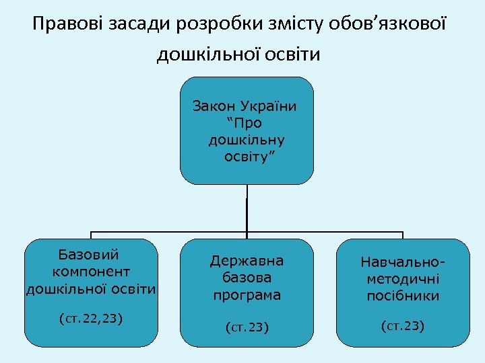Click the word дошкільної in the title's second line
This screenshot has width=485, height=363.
click(x=205, y=54)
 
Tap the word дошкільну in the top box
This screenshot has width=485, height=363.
click(x=246, y=140)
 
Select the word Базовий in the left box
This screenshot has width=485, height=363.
click(x=89, y=255)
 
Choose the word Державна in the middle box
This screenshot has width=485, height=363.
click(x=247, y=261)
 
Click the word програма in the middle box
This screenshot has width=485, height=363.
click(x=247, y=295)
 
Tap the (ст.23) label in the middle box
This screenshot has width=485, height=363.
click(x=247, y=328)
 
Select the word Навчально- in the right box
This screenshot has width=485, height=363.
click(x=403, y=261)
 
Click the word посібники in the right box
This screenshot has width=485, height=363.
click(x=403, y=296)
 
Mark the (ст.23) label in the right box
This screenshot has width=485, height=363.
click(x=403, y=327)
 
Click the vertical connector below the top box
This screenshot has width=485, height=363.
click(x=247, y=208)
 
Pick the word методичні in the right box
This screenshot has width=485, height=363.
click(x=403, y=278)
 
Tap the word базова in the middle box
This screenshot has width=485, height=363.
click(x=247, y=278)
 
